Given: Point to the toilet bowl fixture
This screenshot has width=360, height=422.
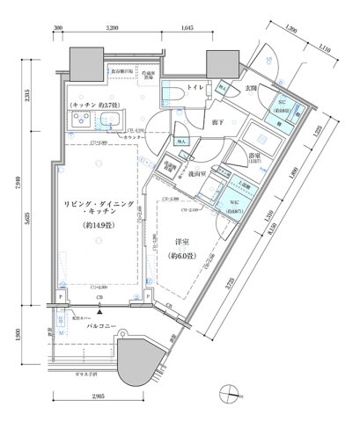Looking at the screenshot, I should click(x=172, y=91).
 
